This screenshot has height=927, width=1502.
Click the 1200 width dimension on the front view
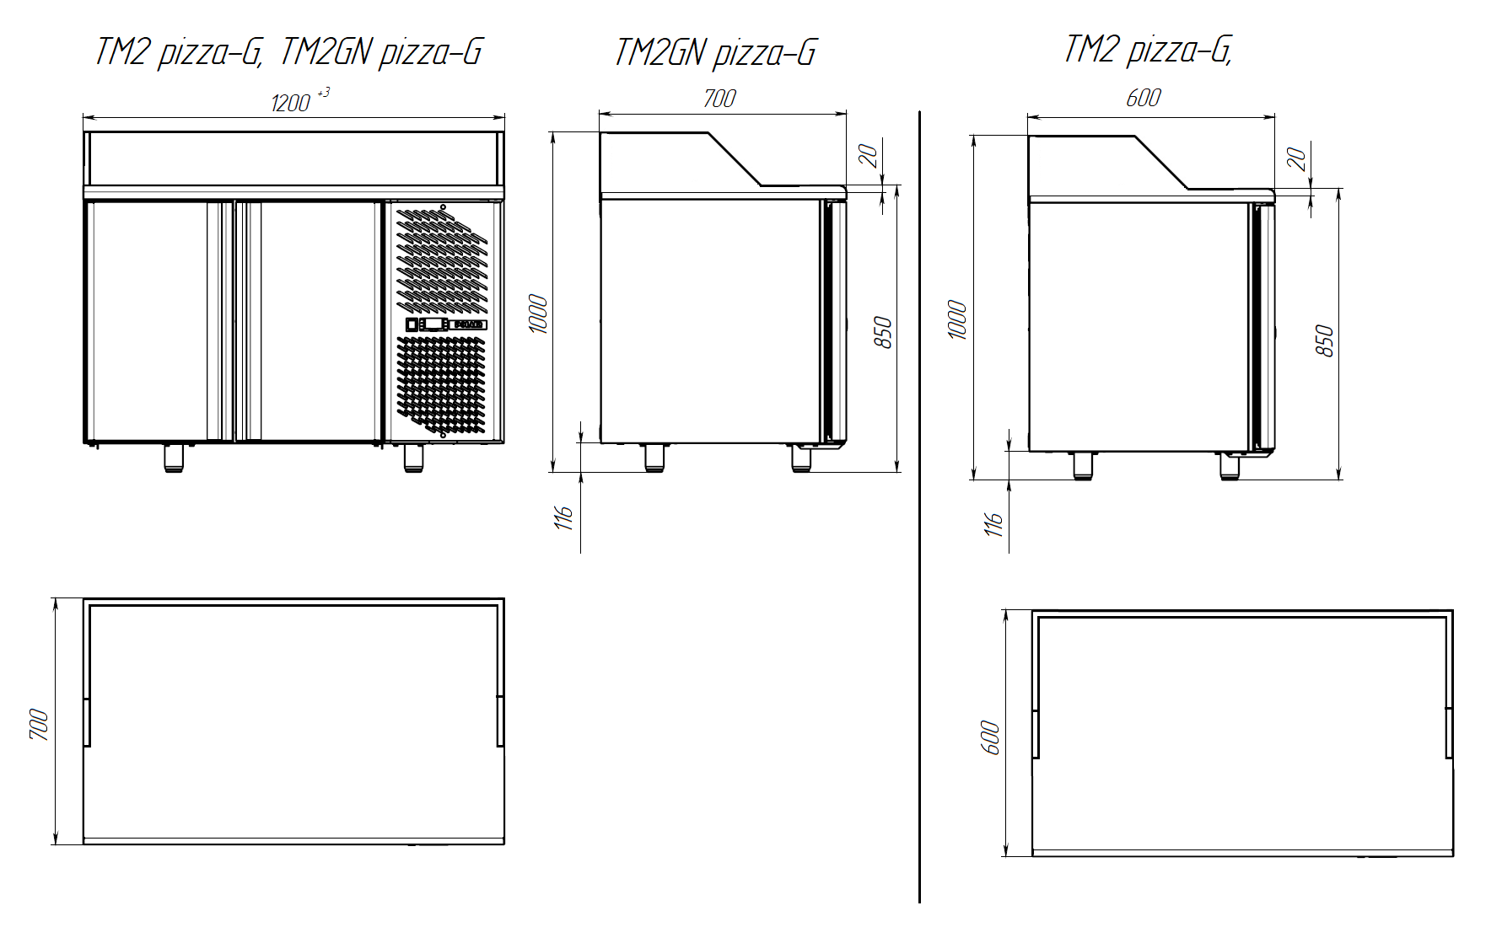pyautogui.click(x=291, y=103)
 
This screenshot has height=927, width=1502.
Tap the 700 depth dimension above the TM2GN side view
pyautogui.click(x=719, y=99)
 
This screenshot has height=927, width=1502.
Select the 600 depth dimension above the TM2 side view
pyautogui.click(x=1143, y=98)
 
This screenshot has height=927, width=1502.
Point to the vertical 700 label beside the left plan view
pyautogui.click(x=39, y=725)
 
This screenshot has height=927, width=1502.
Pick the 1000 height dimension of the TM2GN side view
pyautogui.click(x=538, y=314)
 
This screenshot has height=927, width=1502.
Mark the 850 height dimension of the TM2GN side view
pyautogui.click(x=883, y=333)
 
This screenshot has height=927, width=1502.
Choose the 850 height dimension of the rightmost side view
pyautogui.click(x=1325, y=341)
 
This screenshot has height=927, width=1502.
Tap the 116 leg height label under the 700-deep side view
pyautogui.click(x=564, y=517)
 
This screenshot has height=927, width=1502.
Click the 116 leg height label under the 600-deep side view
pyautogui.click(x=993, y=523)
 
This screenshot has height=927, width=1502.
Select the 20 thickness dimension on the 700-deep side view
pyautogui.click(x=868, y=156)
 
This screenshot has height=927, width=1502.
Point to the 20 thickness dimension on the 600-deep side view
pyautogui.click(x=1296, y=158)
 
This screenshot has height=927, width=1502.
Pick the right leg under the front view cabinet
pyautogui.click(x=413, y=458)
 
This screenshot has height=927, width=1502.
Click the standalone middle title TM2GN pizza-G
pyautogui.click(x=715, y=52)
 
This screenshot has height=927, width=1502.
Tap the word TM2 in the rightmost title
pyautogui.click(x=1090, y=49)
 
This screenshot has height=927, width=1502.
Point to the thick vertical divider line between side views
pyautogui.click(x=919, y=506)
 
